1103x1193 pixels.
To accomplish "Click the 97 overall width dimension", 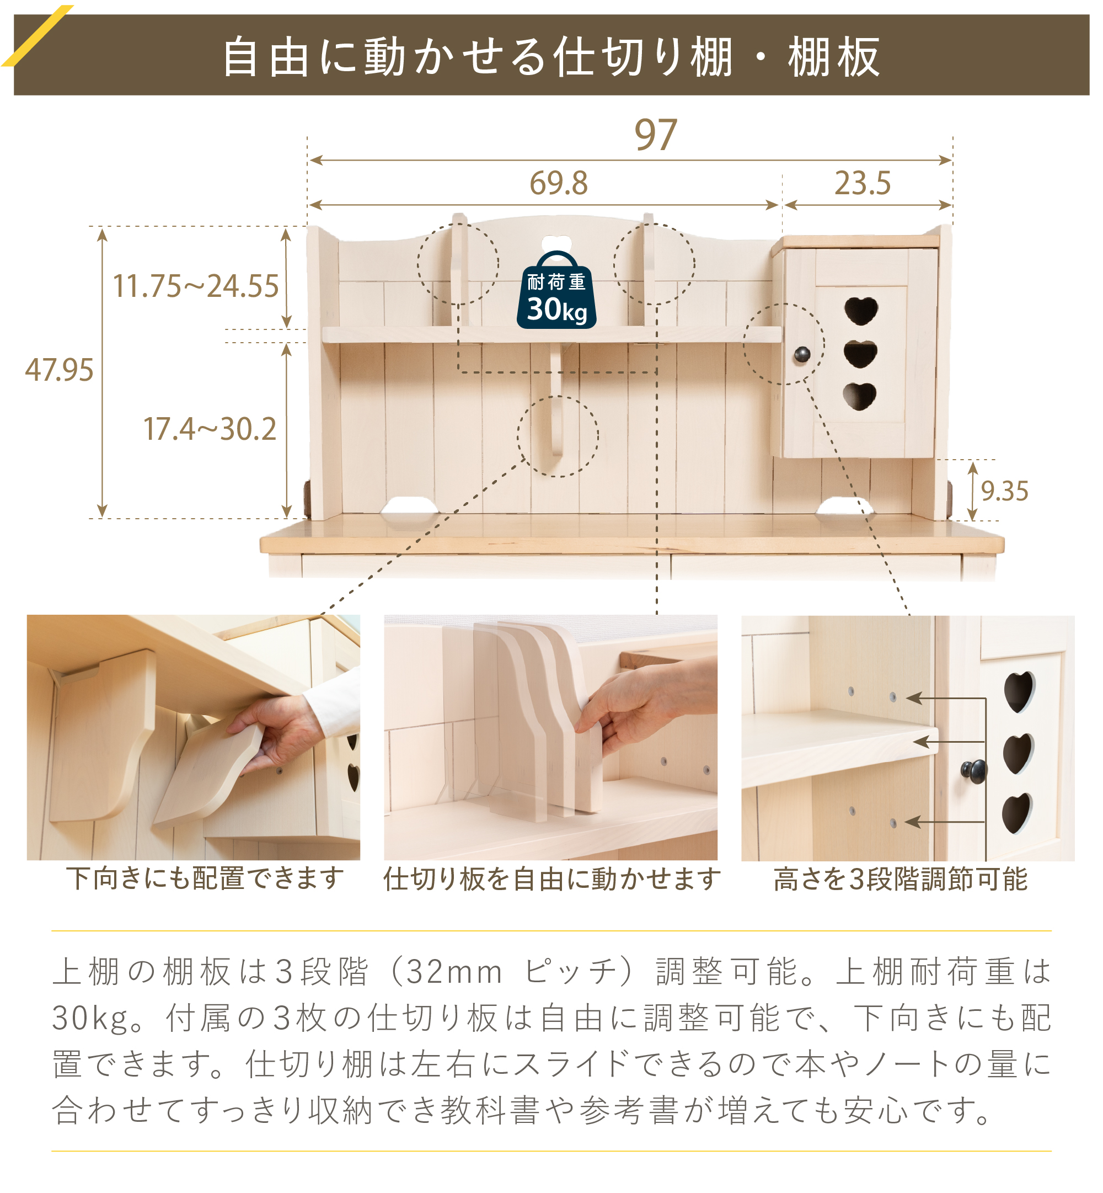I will tap(655, 135).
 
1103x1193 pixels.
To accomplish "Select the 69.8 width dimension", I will tap(559, 183).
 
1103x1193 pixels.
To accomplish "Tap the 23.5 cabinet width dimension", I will tap(863, 183).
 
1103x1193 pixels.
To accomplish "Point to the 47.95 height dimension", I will tap(59, 370).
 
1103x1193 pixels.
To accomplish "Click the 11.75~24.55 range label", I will tap(196, 286).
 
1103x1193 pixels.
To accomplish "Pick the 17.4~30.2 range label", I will tap(210, 429).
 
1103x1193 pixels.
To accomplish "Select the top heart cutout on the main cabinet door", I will tap(861, 311).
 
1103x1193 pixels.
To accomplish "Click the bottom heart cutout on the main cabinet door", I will tap(859, 396).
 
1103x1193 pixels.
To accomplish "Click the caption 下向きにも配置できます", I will tap(205, 879).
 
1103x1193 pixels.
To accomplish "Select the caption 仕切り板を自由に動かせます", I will tap(552, 879).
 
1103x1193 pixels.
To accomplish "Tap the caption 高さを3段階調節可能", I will tap(900, 879).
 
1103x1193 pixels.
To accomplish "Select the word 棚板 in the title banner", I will tap(834, 57).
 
